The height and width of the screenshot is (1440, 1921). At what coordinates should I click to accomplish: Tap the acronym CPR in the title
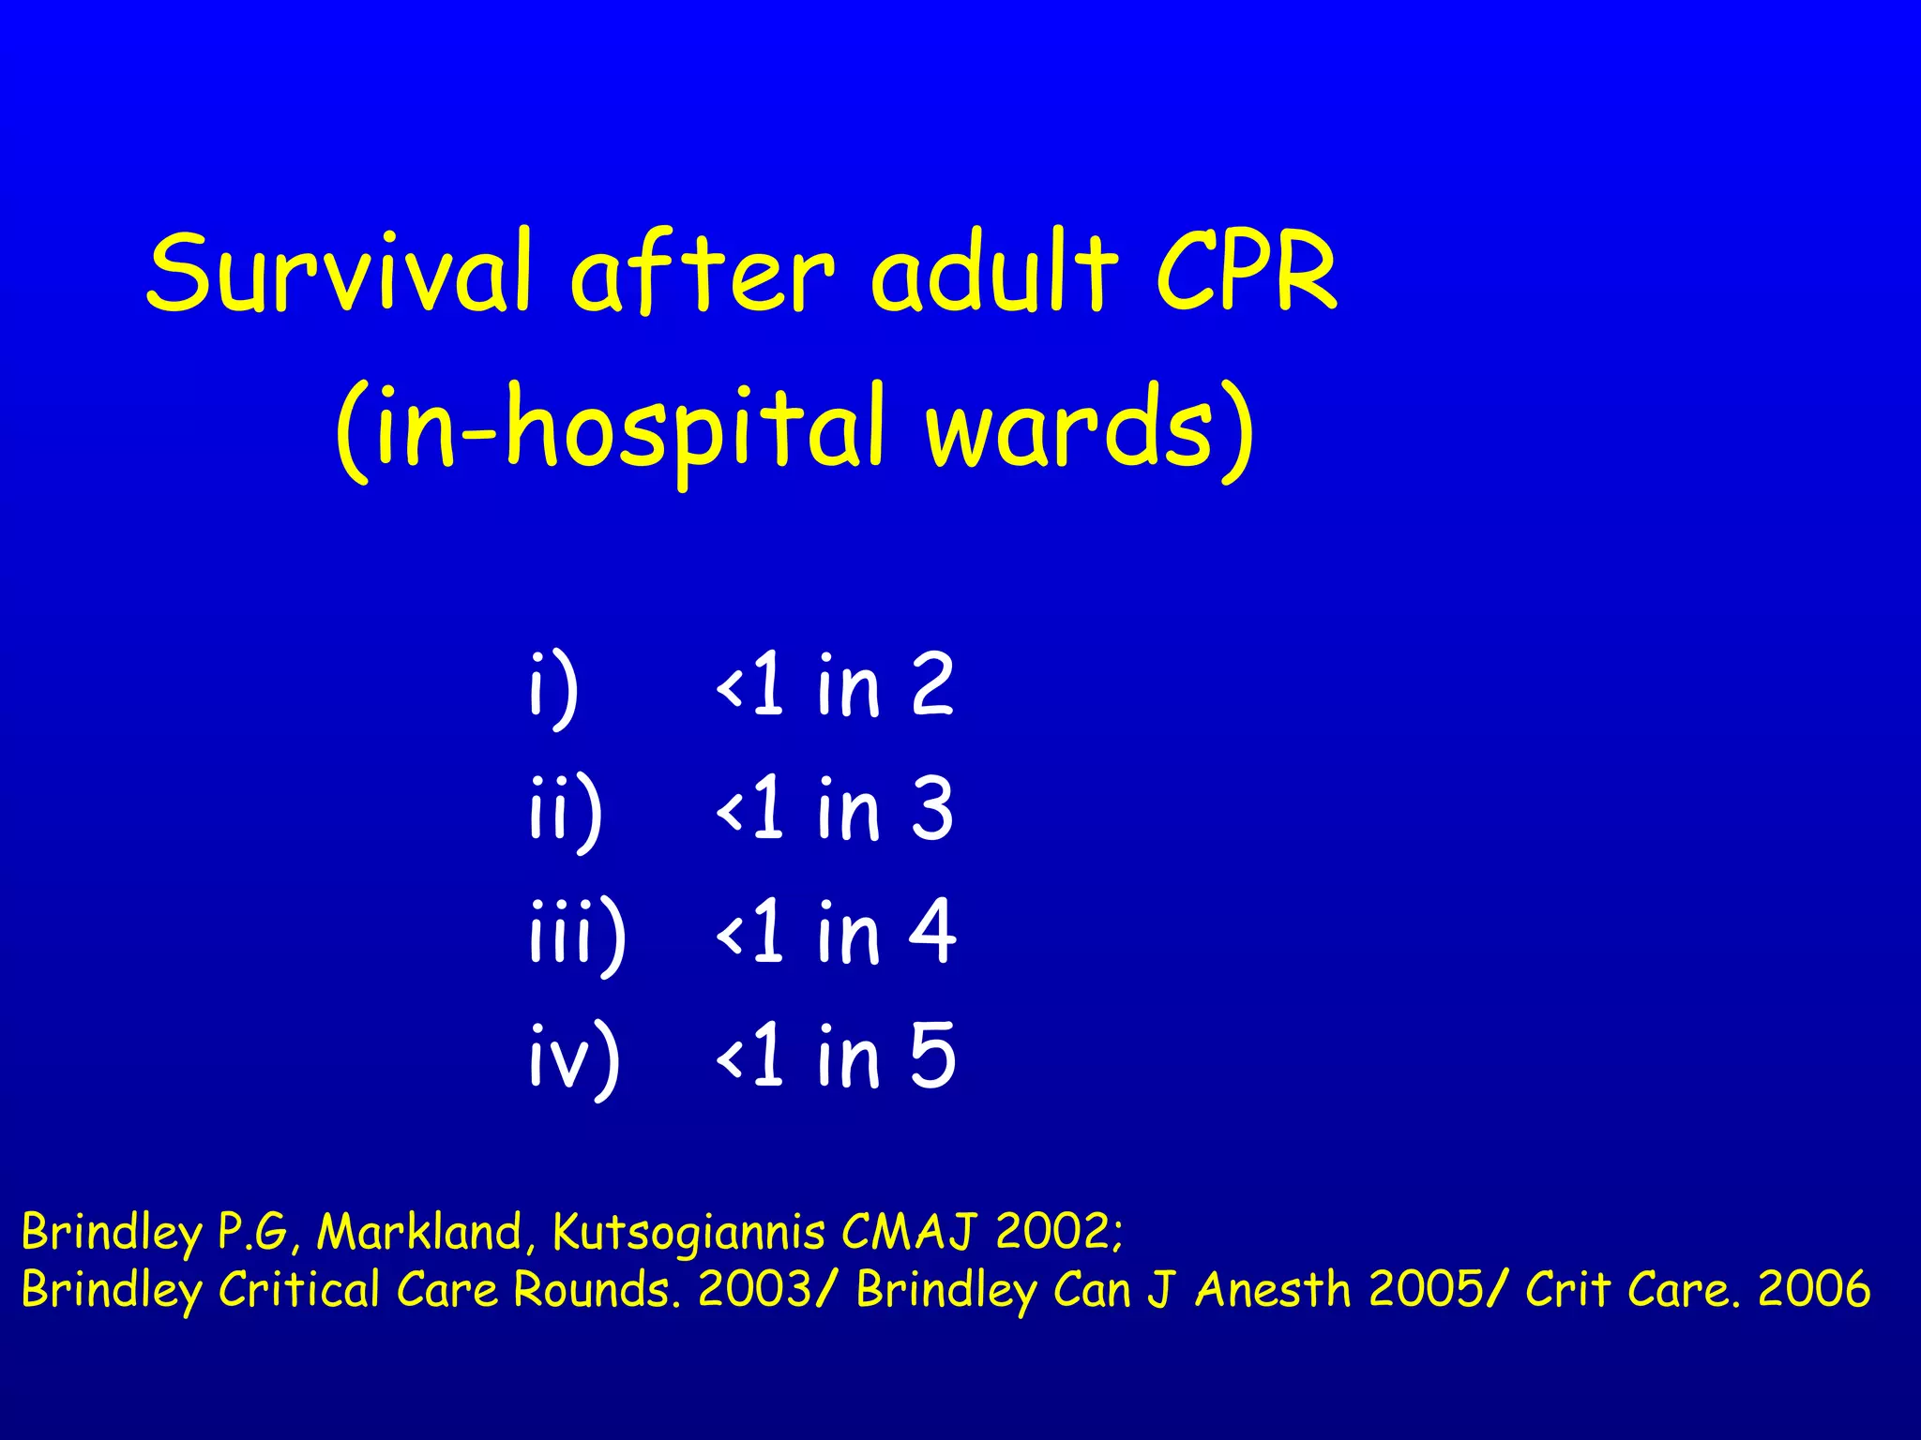(x=1246, y=272)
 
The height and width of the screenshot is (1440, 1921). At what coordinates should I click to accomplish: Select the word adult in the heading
(x=994, y=272)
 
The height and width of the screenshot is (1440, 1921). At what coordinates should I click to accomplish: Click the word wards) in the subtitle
(x=1088, y=429)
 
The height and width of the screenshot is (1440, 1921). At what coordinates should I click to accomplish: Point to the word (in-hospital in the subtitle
(x=610, y=429)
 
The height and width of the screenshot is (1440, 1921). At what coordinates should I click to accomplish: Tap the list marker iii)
(x=577, y=934)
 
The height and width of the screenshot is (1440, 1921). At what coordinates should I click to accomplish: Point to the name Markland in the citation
(x=419, y=1231)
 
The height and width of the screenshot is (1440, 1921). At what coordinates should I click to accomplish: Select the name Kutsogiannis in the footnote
(x=689, y=1233)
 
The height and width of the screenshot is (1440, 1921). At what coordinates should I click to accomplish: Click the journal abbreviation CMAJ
(x=910, y=1231)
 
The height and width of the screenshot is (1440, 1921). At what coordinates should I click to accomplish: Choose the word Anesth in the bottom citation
(x=1273, y=1289)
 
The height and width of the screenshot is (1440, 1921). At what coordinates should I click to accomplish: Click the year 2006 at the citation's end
(x=1813, y=1289)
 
